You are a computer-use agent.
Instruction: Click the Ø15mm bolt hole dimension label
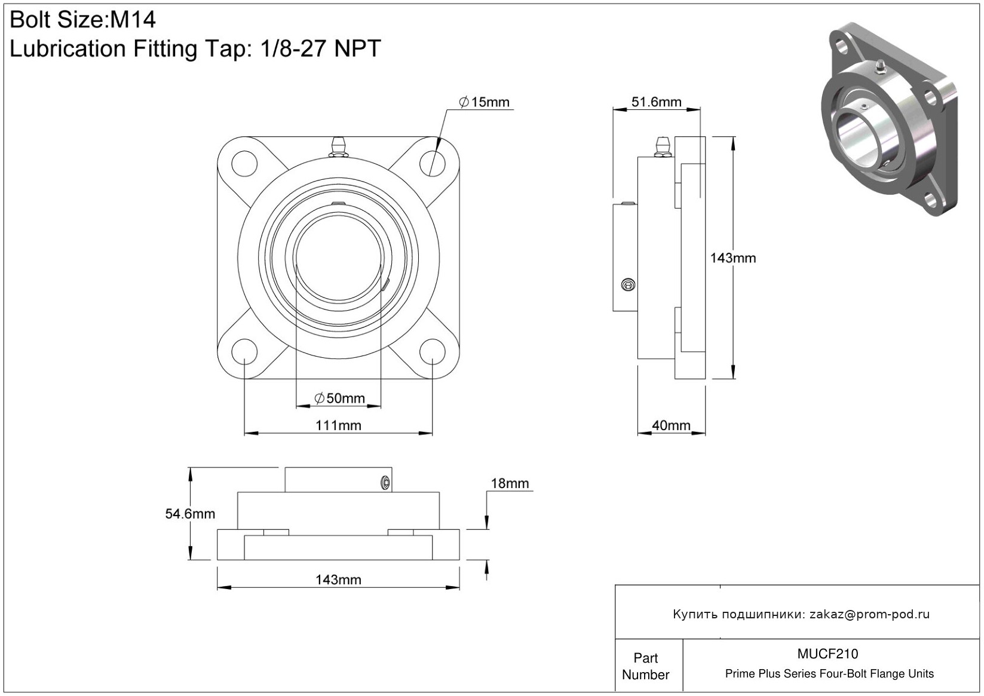(484, 102)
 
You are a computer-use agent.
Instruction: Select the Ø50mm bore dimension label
(339, 398)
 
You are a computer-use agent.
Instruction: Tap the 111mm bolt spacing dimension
(338, 425)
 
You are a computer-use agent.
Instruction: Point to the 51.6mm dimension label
(656, 102)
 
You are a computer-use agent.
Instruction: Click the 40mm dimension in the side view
(671, 425)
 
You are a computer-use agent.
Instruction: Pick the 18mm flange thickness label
(510, 483)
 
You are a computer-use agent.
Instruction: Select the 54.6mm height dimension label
(190, 514)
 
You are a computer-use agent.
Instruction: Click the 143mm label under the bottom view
(338, 580)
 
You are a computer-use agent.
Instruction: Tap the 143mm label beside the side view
(733, 258)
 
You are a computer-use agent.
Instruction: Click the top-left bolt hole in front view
(244, 163)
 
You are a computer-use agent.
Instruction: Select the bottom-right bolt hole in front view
(433, 352)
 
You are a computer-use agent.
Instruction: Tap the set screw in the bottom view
(385, 483)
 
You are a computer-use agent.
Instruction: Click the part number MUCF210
(827, 654)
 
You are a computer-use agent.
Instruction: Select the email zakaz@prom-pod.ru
(869, 614)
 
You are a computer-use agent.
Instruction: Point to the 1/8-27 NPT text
(320, 48)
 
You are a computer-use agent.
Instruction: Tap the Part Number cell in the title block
(646, 666)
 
